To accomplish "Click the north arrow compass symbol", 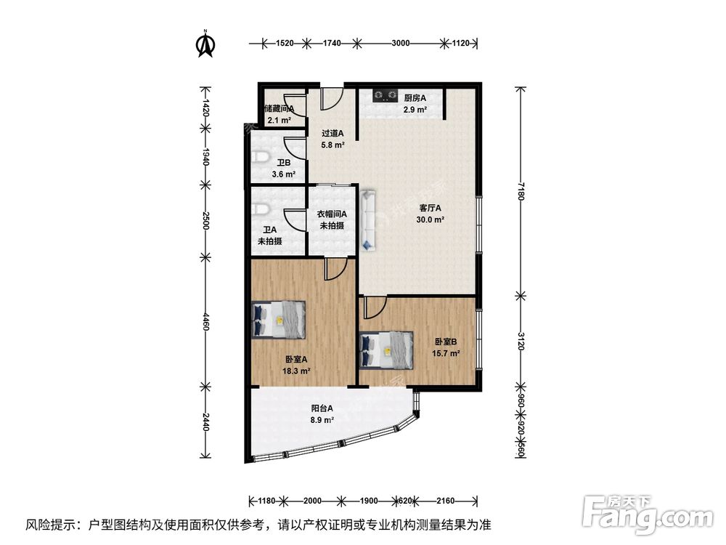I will tap(206, 44).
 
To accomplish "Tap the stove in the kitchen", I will tap(384, 94).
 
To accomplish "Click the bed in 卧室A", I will tap(280, 320).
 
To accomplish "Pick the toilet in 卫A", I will tap(259, 209).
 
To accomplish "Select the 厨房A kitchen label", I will tap(415, 98).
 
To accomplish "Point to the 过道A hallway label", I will tap(333, 133).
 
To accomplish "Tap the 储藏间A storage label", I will tap(280, 109).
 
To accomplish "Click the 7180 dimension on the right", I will tap(521, 191).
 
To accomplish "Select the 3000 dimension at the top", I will tap(400, 44).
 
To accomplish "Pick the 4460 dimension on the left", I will tap(205, 321).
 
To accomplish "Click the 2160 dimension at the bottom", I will tap(445, 501).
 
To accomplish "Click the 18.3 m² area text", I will tap(296, 371).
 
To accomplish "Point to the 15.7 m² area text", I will tap(446, 353).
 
